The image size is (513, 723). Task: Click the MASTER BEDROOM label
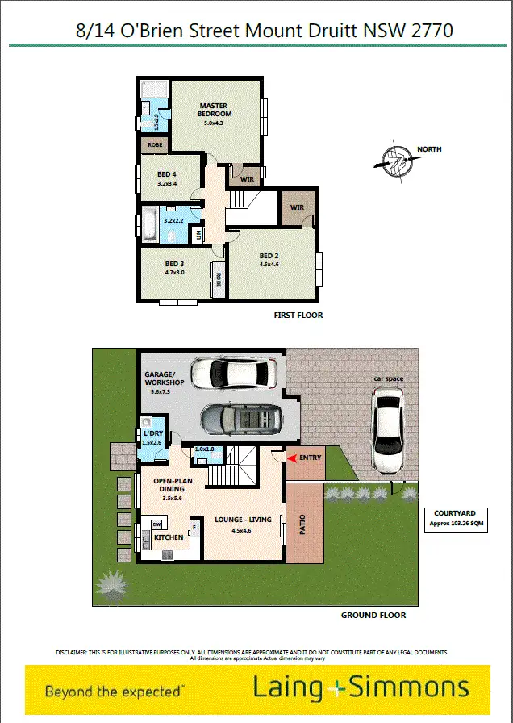tap(214, 110)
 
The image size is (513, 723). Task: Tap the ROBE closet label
tap(155, 145)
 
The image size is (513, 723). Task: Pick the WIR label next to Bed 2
tap(298, 207)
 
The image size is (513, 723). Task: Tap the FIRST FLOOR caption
tap(298, 316)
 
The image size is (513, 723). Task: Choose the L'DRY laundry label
tap(152, 435)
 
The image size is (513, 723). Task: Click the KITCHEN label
tap(169, 537)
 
